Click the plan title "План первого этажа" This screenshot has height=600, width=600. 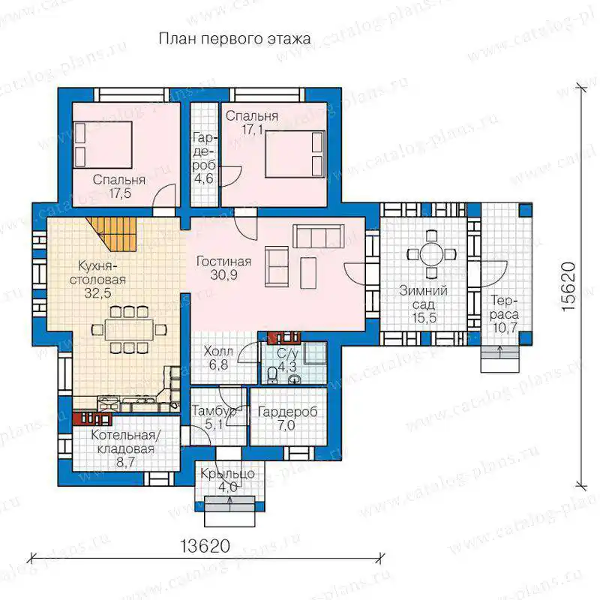tap(235, 39)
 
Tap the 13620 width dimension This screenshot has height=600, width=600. tap(205, 546)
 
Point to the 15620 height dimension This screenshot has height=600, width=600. tap(568, 286)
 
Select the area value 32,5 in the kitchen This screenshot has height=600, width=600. tap(98, 293)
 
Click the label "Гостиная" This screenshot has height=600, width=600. tap(223, 262)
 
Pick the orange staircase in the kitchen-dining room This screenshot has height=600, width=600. tap(111, 234)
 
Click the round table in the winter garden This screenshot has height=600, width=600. tap(432, 254)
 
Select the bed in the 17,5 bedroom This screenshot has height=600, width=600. tap(103, 145)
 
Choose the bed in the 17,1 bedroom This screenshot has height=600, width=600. tap(295, 154)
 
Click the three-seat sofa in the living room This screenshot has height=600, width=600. tap(318, 236)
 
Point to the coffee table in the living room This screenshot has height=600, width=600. tap(308, 273)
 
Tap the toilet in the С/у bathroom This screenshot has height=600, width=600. tap(273, 374)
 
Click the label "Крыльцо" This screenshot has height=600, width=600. tap(227, 474)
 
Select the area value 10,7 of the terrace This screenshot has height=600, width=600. tap(505, 328)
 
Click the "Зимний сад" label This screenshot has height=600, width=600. tap(424, 297)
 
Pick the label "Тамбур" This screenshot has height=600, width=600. tap(214, 411)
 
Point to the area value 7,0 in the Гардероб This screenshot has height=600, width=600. tap(286, 425)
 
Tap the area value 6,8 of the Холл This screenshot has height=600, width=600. tap(218, 364)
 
